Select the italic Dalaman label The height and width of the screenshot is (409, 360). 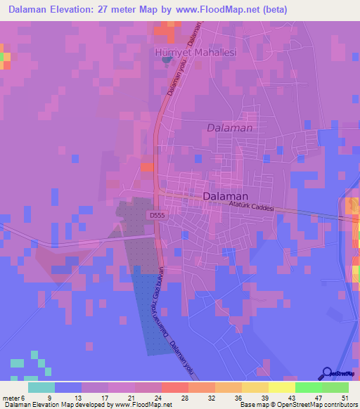pos(229,128)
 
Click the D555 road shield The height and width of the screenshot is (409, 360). pos(157,216)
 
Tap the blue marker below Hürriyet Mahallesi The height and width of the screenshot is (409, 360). pos(167,59)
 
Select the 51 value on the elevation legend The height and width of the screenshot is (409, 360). pos(344,397)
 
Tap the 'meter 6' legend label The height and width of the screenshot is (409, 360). pos(14,397)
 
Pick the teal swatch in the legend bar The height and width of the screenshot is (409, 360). pos(41,387)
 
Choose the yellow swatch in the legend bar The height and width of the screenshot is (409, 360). pos(281,387)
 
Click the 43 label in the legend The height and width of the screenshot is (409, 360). pos(292,397)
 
